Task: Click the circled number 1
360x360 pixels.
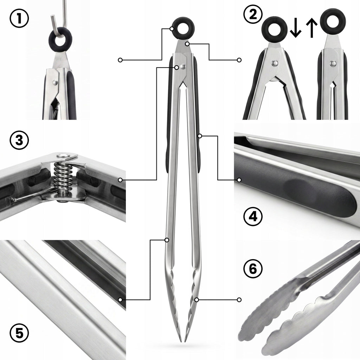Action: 19,18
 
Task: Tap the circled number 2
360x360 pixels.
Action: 253,14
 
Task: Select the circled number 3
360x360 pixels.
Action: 19,140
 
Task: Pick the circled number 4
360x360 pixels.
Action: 253,217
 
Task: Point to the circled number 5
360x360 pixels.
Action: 19,333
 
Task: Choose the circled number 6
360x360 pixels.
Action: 253,269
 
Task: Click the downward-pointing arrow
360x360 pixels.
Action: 295,28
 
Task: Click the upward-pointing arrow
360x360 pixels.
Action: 311,28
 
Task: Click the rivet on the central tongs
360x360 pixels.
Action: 182,67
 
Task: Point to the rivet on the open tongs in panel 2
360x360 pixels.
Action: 274,63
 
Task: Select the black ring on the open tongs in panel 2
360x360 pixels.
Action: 274,30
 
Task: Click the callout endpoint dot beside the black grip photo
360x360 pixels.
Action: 239,180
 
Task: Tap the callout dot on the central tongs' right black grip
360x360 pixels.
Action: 200,136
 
